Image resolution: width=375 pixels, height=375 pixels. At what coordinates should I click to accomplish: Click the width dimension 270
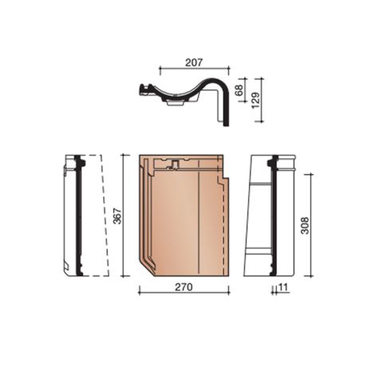[183, 284]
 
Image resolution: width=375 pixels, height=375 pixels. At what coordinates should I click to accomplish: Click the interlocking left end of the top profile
[146, 89]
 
